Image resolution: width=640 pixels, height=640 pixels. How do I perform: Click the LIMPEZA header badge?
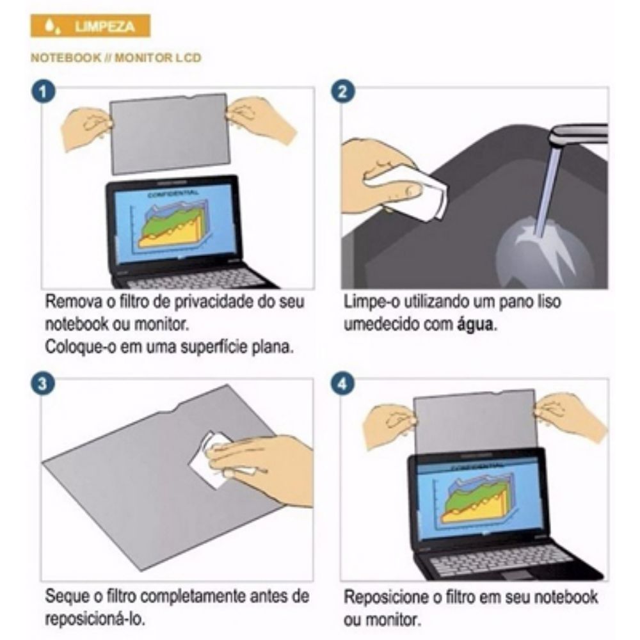[x=90, y=26]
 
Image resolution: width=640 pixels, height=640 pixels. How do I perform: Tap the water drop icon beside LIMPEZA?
[x=51, y=26]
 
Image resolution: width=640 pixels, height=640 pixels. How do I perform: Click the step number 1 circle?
[x=44, y=92]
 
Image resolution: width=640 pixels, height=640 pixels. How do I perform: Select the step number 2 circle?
[x=343, y=92]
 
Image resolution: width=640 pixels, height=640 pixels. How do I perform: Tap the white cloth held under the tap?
[x=412, y=192]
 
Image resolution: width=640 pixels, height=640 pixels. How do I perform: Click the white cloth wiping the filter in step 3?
[x=216, y=459]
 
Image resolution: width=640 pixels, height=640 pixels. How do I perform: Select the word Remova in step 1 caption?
[x=74, y=301]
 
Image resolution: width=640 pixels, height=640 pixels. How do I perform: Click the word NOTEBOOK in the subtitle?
[x=66, y=58]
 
